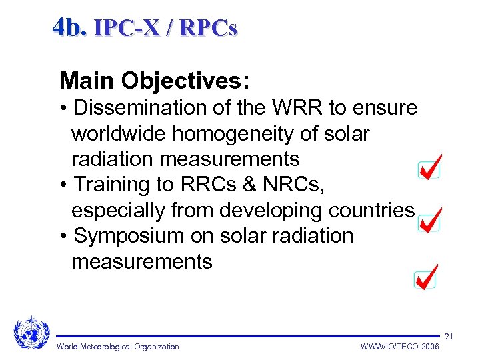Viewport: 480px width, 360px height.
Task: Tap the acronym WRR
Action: [294, 108]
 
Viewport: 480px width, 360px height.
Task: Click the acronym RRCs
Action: [203, 185]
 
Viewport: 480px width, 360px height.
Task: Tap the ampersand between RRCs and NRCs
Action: [245, 185]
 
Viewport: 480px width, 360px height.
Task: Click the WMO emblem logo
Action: [31, 331]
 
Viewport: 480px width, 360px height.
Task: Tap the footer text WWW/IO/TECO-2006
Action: [399, 347]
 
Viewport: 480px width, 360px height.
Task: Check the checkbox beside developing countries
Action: [427, 223]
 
